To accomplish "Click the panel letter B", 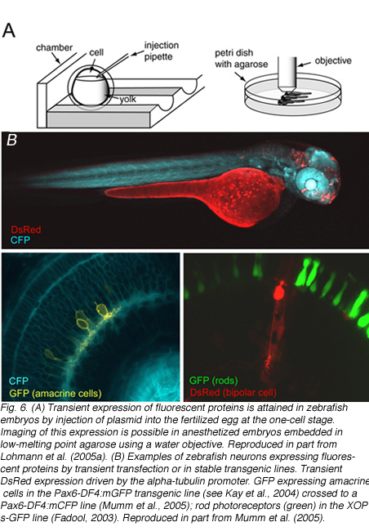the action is pos(12,140).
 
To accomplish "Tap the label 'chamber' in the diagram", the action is pos(54,47).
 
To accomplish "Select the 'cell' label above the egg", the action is pos(96,52).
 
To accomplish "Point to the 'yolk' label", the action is pos(127,99).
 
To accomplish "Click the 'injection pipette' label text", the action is pos(162,51).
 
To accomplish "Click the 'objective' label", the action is pos(333,60).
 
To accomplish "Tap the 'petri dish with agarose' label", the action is pos(241,59).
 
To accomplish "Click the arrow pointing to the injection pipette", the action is pos(137,53).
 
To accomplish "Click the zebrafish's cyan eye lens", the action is pos(310,184).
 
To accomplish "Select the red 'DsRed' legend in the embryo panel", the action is pos(26,230).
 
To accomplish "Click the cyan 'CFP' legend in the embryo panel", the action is pos(20,240).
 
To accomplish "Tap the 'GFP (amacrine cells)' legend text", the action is pos(56,393).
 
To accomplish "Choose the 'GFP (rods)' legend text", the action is pos(213,381).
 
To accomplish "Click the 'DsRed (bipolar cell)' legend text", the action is pos(233,392).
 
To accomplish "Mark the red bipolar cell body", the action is pos(278,291).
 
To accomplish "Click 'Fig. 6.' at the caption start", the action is pos(14,408).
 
